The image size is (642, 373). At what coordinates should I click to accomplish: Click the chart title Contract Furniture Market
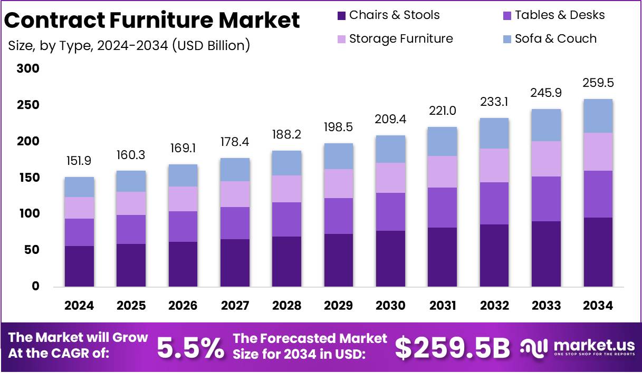coord(152,21)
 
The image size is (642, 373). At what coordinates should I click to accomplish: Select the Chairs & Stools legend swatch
coord(341,15)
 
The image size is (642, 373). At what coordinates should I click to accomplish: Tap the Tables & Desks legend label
coord(560,15)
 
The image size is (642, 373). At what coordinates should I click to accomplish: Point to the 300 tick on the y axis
coord(28,68)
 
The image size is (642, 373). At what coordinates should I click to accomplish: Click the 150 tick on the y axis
coord(28,178)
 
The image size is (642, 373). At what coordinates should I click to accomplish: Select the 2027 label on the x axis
coord(235,306)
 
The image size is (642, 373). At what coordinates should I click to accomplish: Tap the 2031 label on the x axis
coord(442,306)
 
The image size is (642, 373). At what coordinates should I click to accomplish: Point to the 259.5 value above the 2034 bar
coord(598,83)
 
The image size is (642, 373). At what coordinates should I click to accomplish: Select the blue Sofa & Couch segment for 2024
coord(80,187)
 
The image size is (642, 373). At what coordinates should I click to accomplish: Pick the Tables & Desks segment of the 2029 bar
coord(339,216)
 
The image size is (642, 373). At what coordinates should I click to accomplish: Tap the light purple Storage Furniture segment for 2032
coord(494,165)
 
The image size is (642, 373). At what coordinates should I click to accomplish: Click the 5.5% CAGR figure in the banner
coord(191,347)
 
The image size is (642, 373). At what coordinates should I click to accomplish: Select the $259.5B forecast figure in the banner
coord(453,347)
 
